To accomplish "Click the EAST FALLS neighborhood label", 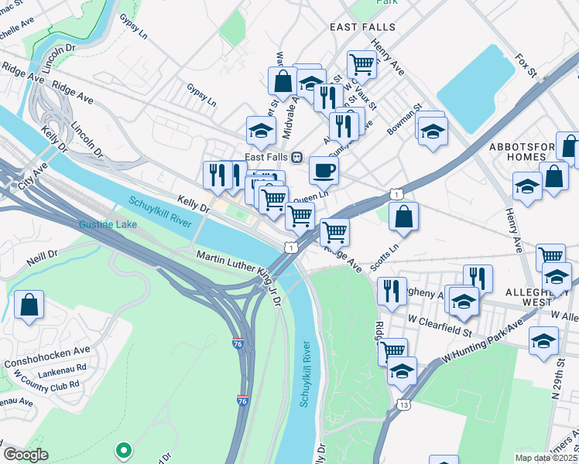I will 362,26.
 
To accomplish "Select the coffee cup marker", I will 324,171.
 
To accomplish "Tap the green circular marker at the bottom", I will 122,449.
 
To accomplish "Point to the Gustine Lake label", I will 106,224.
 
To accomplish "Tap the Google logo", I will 26,455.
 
